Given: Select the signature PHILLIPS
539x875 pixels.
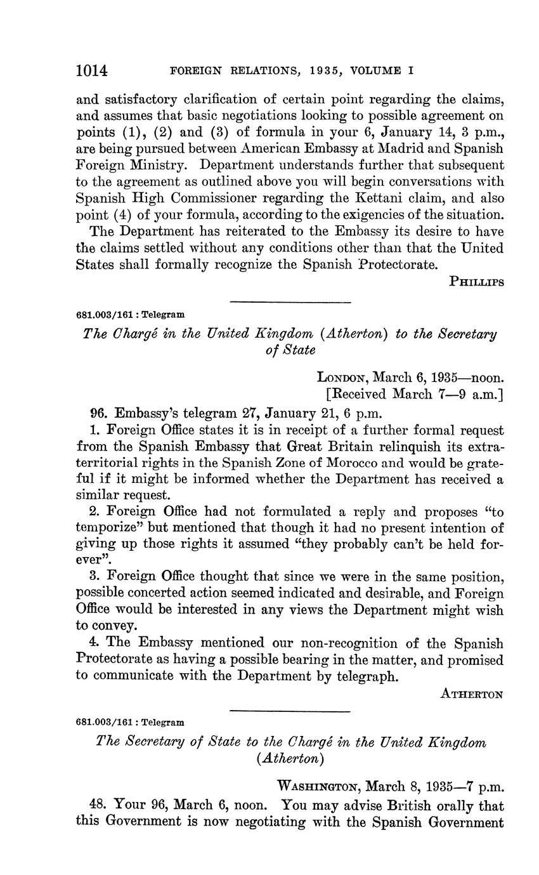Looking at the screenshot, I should (476, 282).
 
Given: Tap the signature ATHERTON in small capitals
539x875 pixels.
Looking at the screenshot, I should (472, 694).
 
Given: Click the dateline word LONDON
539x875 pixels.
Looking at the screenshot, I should (341, 377).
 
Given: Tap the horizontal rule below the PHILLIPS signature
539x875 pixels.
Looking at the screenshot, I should (290, 300).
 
